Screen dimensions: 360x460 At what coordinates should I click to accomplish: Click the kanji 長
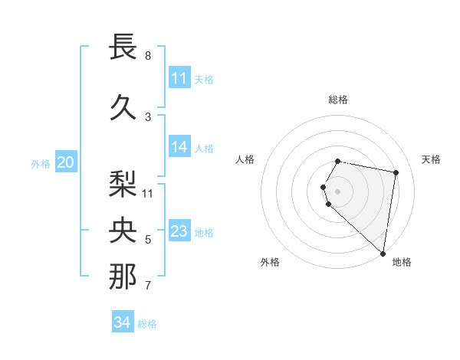[123, 47]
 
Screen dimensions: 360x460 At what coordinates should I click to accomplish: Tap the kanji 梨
[123, 183]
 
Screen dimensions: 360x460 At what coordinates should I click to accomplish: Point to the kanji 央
[123, 230]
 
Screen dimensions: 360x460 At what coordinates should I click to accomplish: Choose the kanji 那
[123, 277]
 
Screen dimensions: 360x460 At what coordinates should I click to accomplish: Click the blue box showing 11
[179, 78]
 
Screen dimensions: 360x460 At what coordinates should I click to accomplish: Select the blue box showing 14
[179, 148]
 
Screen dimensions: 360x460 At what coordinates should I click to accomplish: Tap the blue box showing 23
[179, 231]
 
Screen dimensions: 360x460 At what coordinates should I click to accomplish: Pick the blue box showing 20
[66, 162]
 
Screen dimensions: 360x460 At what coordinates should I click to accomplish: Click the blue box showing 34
[122, 322]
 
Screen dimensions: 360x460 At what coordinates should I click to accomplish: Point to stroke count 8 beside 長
[148, 56]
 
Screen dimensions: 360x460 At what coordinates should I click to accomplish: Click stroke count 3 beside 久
[148, 116]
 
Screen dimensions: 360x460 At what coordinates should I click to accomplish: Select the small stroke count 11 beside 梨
[149, 193]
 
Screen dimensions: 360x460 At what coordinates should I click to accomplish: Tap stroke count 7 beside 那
[148, 286]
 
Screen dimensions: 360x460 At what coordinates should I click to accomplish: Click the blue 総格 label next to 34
[147, 324]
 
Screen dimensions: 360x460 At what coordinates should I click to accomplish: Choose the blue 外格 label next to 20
[41, 163]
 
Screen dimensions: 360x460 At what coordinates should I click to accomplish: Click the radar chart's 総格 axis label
[338, 100]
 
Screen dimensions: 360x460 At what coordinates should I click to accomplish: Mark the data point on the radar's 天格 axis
[396, 172]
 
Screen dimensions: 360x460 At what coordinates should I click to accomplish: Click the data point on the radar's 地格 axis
[383, 253]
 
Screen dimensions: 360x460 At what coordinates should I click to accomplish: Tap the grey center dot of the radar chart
[338, 191]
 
